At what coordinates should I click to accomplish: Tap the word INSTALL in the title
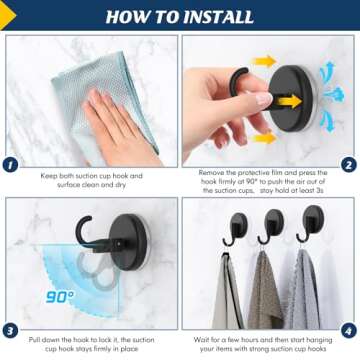click(x=218, y=17)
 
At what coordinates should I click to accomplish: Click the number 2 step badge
click(x=348, y=165)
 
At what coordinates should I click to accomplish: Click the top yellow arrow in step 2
click(x=265, y=62)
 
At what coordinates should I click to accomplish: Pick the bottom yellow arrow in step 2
click(x=265, y=138)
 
